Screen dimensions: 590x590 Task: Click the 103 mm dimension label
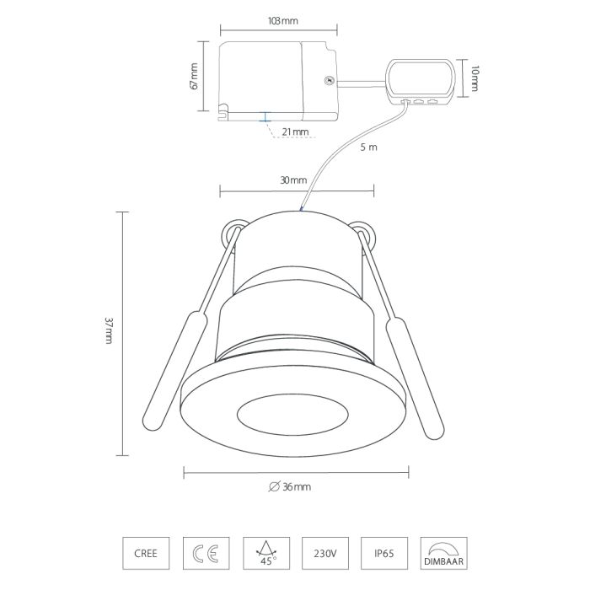pos(282,21)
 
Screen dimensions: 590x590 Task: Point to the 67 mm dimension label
pos(194,76)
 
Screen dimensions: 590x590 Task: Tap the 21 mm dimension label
pos(295,132)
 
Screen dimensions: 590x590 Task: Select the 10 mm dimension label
pos(475,78)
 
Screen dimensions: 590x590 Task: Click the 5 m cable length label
pos(368,147)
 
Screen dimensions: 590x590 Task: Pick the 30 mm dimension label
pos(293,180)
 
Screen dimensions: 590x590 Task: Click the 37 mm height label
pos(109,330)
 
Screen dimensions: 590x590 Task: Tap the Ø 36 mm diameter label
pos(290,487)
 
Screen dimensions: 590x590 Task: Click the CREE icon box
pos(146,553)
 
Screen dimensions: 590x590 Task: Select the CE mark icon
pos(206,553)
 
